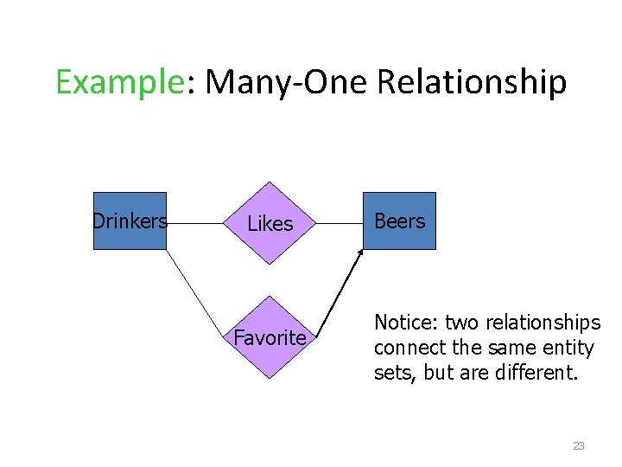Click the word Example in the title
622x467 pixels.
click(119, 82)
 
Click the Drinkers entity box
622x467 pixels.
click(130, 221)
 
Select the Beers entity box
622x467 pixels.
click(399, 221)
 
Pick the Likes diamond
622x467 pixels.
click(270, 223)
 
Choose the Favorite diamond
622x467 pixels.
click(270, 337)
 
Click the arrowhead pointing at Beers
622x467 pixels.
click(361, 252)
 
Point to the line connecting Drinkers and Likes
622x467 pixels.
click(195, 223)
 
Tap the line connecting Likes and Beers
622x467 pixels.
click(340, 223)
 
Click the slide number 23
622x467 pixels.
click(578, 446)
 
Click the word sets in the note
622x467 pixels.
click(389, 373)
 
